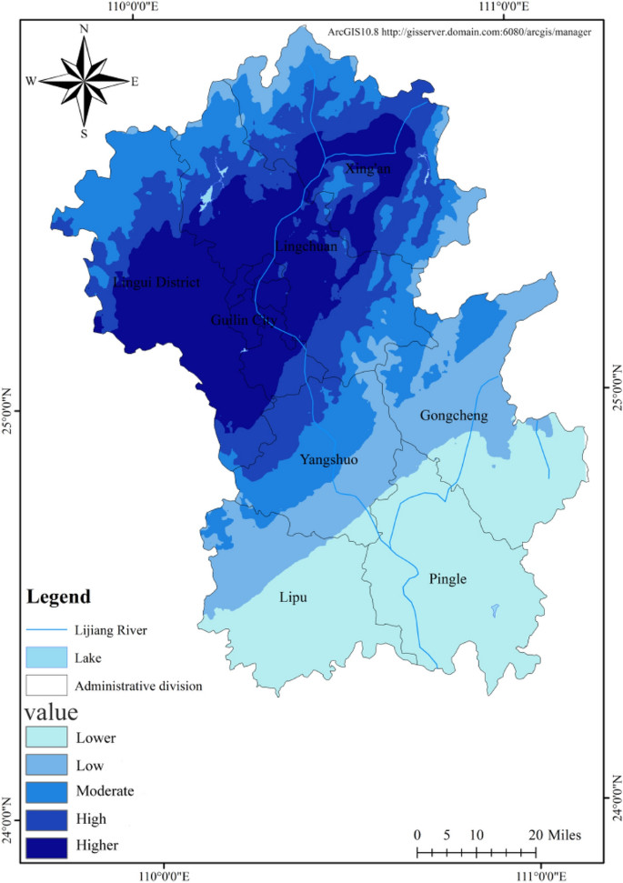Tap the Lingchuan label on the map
[x=306, y=246]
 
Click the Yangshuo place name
[x=328, y=460]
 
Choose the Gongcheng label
[x=454, y=416]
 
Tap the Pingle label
[x=447, y=578]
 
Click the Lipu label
[x=293, y=597]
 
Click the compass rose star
[x=83, y=82]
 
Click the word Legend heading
[x=59, y=597]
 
